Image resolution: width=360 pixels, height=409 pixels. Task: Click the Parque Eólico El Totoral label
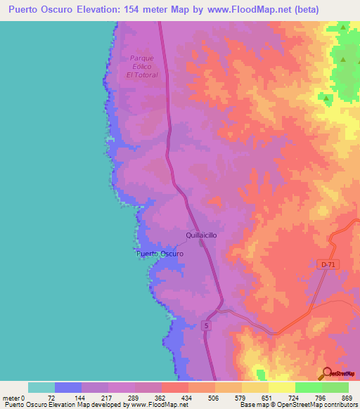click(139, 66)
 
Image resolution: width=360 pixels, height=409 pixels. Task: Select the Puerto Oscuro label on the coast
click(159, 253)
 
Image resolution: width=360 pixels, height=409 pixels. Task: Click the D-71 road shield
click(325, 264)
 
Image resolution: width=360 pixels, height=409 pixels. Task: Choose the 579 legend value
click(240, 397)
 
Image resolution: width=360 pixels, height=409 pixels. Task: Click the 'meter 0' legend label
click(13, 397)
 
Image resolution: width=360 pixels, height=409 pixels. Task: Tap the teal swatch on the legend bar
click(41, 387)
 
